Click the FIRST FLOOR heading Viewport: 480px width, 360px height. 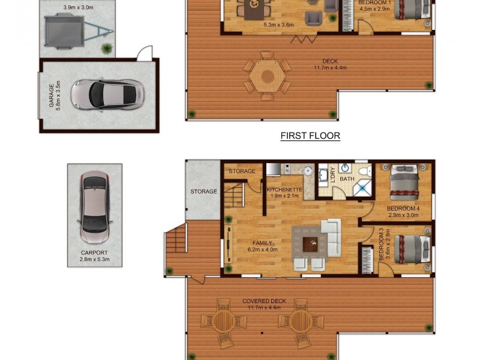(310, 136)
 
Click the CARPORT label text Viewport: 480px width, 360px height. (94, 253)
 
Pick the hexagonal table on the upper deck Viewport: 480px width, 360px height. (266, 76)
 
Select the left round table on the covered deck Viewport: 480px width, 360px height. (223, 320)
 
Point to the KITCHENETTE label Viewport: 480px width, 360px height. (284, 190)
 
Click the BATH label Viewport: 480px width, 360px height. (347, 179)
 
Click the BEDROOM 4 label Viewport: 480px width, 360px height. (403, 209)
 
